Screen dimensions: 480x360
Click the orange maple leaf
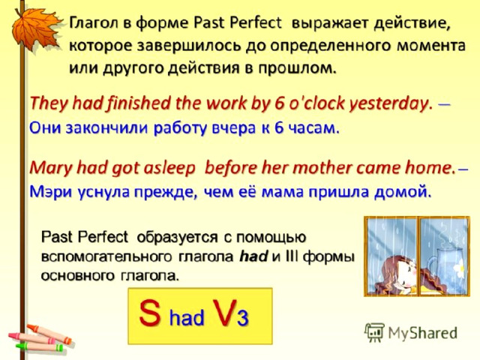(35, 29)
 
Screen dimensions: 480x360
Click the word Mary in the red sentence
(51, 169)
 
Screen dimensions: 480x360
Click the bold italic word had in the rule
(253, 256)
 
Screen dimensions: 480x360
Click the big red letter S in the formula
(150, 313)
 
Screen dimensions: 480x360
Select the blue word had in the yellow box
(187, 317)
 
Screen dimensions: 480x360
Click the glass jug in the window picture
(445, 265)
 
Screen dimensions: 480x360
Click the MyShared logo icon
(374, 332)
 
